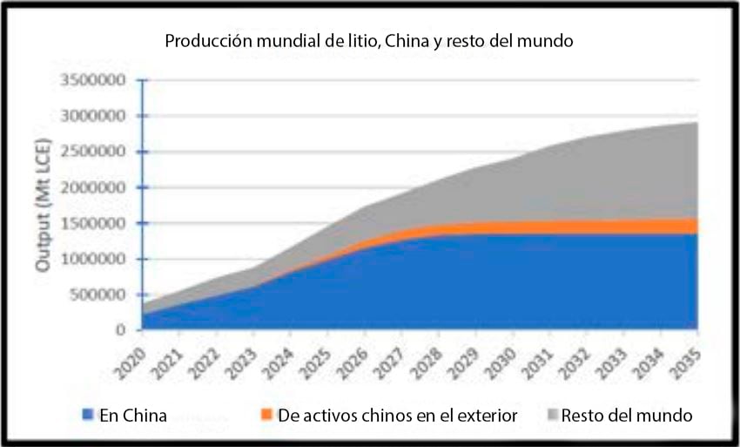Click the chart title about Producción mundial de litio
[369, 41]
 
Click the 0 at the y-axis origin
[123, 330]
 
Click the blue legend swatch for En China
[88, 416]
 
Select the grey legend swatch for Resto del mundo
[550, 416]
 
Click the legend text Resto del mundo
[627, 416]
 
